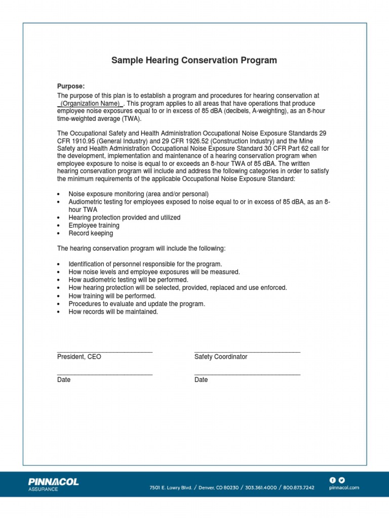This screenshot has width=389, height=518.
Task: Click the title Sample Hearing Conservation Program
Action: (x=194, y=61)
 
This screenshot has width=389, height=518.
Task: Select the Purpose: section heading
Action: (x=70, y=87)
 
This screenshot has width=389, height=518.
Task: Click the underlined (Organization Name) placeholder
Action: (x=90, y=103)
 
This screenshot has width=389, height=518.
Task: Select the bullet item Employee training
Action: (x=94, y=226)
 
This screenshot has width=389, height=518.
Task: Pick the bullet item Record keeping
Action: (x=91, y=234)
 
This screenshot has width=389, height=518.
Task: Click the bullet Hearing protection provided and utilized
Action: (x=125, y=218)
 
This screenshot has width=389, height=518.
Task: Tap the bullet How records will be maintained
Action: (x=113, y=312)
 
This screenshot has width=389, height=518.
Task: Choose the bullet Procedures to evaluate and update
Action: (x=137, y=304)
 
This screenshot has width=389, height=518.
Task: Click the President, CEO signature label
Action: (x=79, y=357)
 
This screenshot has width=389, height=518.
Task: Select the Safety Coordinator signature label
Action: (x=221, y=357)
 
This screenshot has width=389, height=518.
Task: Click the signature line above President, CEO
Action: (x=105, y=351)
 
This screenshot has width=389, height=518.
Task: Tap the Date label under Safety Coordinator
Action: (x=201, y=380)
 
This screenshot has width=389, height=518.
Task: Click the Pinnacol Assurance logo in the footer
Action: (x=54, y=484)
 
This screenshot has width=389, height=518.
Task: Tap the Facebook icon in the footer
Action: (x=333, y=480)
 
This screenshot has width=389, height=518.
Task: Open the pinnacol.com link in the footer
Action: (x=344, y=488)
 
